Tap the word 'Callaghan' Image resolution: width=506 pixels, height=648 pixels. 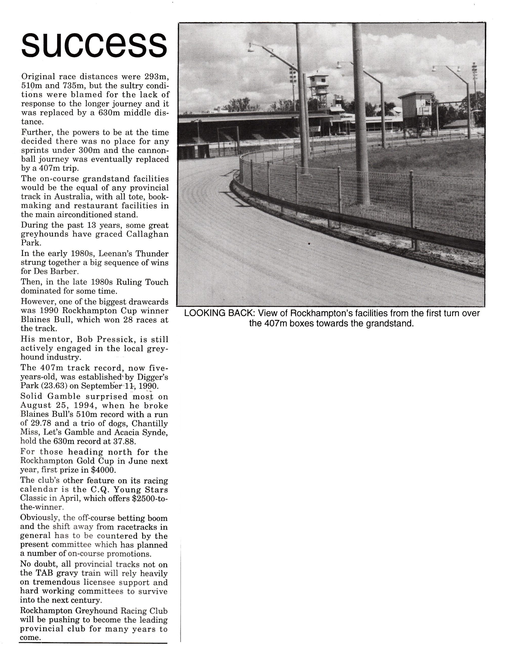[147, 234]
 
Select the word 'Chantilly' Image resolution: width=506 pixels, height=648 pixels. [150, 423]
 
